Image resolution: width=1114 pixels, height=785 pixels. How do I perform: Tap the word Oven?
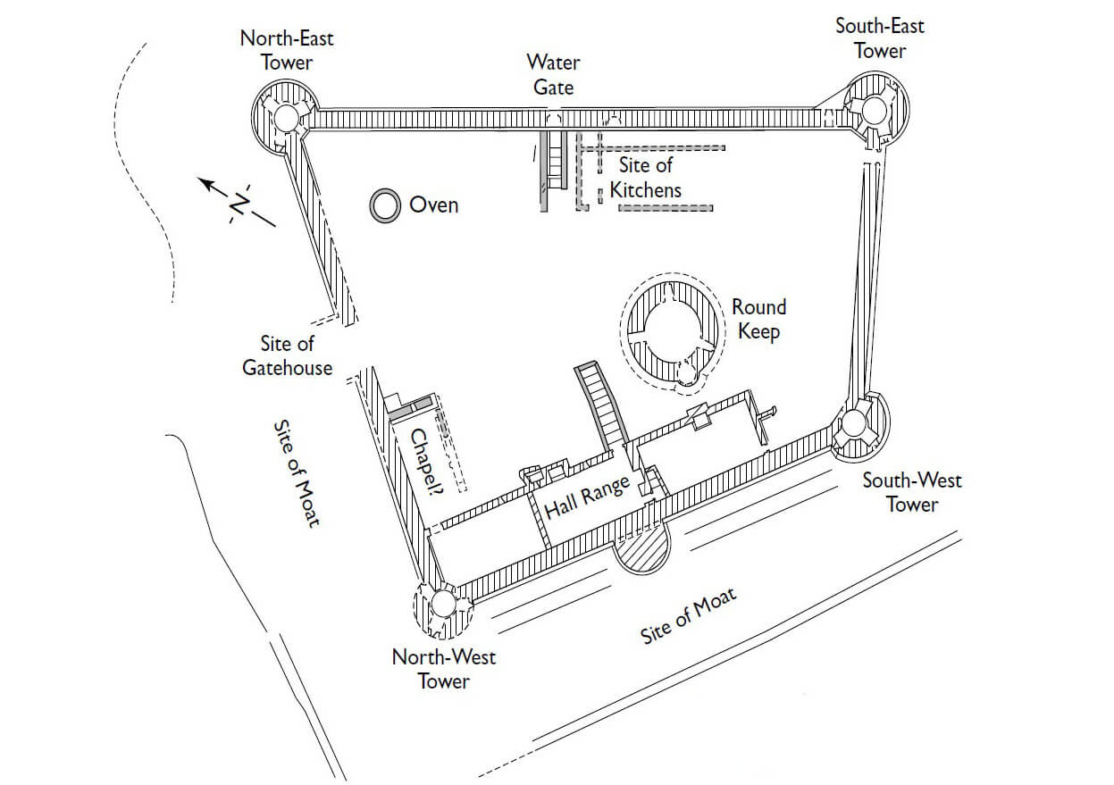tap(433, 205)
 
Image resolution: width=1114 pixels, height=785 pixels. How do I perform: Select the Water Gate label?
tap(554, 75)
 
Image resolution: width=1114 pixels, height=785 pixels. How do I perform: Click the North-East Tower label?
tap(287, 50)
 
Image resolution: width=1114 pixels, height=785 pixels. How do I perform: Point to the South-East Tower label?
tap(880, 38)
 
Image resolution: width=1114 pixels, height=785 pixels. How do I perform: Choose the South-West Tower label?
tap(912, 492)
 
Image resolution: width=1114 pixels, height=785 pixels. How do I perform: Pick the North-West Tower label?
tap(444, 669)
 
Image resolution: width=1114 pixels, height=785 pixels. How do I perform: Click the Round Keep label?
tap(759, 319)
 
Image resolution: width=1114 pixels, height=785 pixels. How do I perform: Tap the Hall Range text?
tap(587, 497)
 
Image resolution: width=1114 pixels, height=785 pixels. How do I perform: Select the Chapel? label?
tap(427, 461)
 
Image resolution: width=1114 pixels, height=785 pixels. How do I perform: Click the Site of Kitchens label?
tap(646, 178)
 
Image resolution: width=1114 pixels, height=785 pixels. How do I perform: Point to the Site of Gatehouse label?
tap(288, 355)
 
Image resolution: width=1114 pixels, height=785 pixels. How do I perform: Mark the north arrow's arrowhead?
tap(206, 183)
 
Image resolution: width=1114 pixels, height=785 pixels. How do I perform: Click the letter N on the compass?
tap(239, 205)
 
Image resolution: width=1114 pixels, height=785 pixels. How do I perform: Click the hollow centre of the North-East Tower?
tap(286, 117)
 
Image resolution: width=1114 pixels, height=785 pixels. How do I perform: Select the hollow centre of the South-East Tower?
tap(874, 111)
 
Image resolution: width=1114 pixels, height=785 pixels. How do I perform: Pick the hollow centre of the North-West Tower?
tap(442, 604)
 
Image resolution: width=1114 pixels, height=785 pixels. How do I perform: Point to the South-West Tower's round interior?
tap(854, 423)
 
